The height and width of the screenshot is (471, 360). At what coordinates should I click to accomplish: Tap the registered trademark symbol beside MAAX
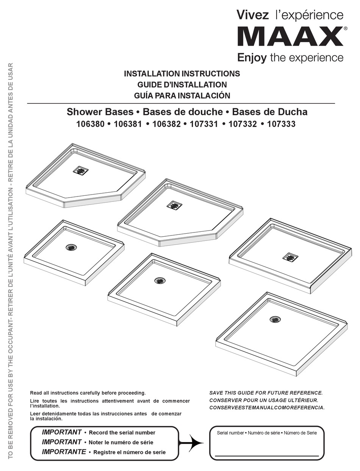[x=346, y=28]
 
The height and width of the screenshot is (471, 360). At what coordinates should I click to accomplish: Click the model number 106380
[x=90, y=124]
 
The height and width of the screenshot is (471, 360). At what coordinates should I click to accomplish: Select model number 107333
[x=281, y=124]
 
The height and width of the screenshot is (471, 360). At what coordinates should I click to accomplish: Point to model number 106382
[x=166, y=124]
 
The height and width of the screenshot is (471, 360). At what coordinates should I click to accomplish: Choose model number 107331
[x=204, y=124]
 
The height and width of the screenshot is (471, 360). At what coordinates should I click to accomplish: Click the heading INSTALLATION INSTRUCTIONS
[x=182, y=73]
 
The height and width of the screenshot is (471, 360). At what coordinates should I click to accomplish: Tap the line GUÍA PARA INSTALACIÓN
[x=182, y=95]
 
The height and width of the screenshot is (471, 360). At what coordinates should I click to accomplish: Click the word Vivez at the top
[x=252, y=15]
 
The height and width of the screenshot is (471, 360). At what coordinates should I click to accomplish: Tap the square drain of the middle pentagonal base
[x=174, y=206]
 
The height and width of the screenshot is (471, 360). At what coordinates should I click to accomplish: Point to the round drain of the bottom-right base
[x=275, y=319]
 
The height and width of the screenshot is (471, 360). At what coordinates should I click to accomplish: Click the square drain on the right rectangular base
[x=290, y=257]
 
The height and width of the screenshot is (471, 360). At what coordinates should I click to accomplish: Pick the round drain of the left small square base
[x=72, y=247]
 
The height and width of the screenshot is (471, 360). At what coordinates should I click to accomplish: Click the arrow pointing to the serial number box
[x=191, y=443]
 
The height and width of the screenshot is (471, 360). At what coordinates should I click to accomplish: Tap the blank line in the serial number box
[x=267, y=456]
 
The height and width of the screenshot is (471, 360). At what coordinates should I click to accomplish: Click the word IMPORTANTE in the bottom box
[x=64, y=452]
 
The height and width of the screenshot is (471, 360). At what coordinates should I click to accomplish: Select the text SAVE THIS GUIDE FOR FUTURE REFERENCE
[x=266, y=393]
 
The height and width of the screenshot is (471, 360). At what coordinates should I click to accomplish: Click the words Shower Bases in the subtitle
[x=100, y=112]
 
